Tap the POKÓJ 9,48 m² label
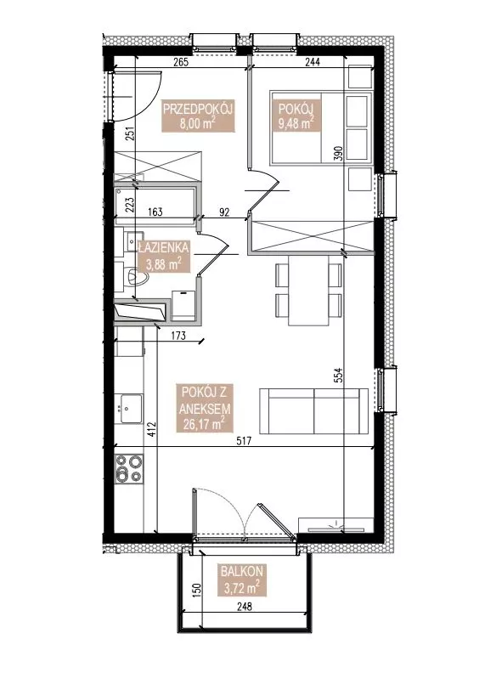click(296, 116)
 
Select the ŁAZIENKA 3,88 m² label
click(163, 256)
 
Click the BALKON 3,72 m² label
click(241, 580)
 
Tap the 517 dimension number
click(243, 441)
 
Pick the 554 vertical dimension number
click(339, 376)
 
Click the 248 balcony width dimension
click(244, 606)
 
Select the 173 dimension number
click(178, 335)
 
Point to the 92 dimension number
click(224, 212)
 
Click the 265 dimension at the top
click(181, 62)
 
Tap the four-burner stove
click(129, 468)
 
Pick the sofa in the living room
click(313, 411)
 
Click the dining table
click(308, 290)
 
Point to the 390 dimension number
click(339, 154)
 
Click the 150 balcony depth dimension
click(196, 591)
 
